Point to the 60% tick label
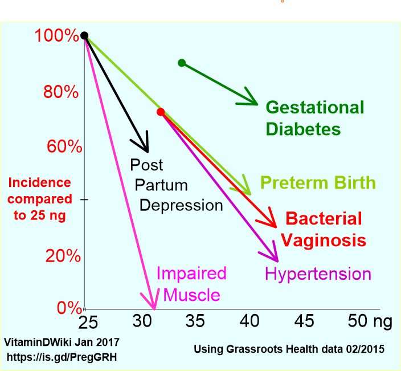64,146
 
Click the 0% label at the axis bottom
69,308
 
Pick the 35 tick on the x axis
195,321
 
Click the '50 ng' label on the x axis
370,321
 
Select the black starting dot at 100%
84,35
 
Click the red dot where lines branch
161,112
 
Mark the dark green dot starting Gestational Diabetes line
182,63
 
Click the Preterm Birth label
318,183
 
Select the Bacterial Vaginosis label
323,229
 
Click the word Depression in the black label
181,205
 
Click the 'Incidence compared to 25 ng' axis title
40,199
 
